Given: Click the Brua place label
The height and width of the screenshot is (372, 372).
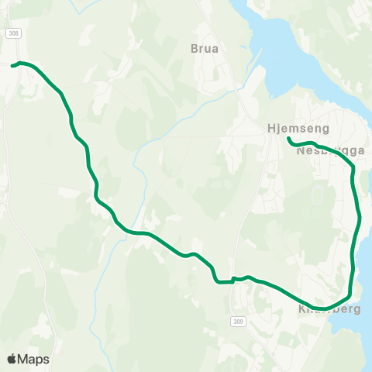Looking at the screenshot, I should tap(205, 48).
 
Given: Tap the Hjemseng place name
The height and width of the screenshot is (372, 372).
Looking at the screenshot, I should tap(298, 129).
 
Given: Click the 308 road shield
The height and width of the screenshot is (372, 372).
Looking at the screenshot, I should tap(13, 33).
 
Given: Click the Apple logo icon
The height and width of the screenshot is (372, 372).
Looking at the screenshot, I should tap(12, 359).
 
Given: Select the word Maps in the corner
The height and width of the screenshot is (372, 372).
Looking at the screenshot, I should tap(33, 359).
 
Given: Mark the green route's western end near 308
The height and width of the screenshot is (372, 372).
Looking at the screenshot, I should tap(13, 66).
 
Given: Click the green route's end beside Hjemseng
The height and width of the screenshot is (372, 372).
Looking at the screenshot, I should tap(288, 139).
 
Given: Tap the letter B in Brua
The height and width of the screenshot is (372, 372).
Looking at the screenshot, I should tap(195, 48).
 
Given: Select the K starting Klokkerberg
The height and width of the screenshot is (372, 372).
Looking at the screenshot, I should tap(302, 308).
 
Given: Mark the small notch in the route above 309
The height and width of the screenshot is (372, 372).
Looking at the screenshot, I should tap(233, 279).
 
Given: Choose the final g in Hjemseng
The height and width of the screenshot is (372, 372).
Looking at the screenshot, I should tap(327, 130).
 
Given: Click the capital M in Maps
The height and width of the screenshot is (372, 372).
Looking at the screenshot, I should tap(23, 359).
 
